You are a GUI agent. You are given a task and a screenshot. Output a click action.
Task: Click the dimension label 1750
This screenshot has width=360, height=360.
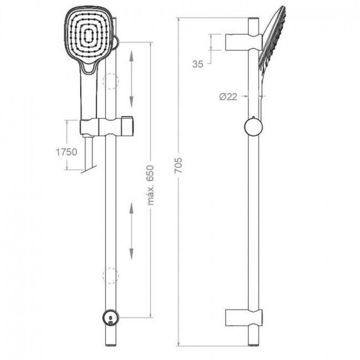point(66,152)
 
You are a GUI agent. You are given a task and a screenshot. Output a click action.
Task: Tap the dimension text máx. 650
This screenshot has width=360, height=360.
point(151,185)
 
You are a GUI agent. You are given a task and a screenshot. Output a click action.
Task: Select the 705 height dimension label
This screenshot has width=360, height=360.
point(178,165)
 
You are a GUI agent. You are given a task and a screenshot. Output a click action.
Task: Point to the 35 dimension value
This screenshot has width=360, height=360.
point(198,64)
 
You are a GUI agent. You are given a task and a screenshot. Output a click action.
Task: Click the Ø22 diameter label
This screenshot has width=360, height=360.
point(228,97)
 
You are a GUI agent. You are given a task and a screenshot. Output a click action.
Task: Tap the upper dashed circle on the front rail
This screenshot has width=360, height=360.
point(111,81)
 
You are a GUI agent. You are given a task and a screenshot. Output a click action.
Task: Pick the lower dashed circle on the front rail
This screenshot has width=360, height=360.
point(111,276)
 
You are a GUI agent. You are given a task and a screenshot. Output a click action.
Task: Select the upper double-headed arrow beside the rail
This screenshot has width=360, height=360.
point(131,79)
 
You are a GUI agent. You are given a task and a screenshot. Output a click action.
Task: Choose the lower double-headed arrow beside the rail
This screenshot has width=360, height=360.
point(131,232)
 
